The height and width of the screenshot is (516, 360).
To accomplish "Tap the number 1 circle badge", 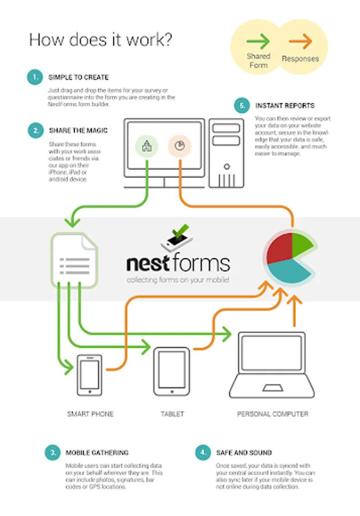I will [x=35, y=77].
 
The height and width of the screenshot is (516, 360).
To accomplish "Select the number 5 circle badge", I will [x=243, y=106].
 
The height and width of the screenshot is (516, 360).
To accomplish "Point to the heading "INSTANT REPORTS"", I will [x=285, y=106].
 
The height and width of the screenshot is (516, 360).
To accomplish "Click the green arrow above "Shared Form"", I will [x=259, y=41].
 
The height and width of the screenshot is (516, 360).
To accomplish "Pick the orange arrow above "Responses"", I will [x=300, y=41].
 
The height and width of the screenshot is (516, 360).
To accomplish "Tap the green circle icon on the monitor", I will [x=147, y=146].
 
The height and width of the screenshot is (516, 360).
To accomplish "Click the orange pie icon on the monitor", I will [x=179, y=146].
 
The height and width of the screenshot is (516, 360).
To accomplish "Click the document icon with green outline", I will [x=75, y=259].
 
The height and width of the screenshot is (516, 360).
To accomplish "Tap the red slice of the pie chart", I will [x=279, y=245].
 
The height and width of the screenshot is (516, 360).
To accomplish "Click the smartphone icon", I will [x=90, y=375].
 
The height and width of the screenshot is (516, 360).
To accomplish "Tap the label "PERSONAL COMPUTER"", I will [x=272, y=413].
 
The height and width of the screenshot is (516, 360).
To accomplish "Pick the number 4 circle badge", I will [x=202, y=452].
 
